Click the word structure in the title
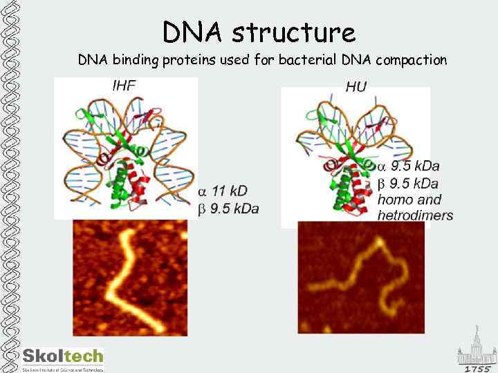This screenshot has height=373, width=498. (x=294, y=32)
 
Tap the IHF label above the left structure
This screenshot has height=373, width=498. (x=124, y=86)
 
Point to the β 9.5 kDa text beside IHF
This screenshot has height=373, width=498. (x=229, y=209)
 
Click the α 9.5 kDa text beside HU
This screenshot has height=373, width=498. (x=408, y=166)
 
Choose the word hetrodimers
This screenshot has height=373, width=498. (x=415, y=216)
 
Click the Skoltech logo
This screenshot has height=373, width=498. (x=63, y=358)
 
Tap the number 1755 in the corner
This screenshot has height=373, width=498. (x=477, y=369)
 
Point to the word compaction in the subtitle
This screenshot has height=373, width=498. (x=412, y=61)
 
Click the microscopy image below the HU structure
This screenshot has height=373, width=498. (x=360, y=277)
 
